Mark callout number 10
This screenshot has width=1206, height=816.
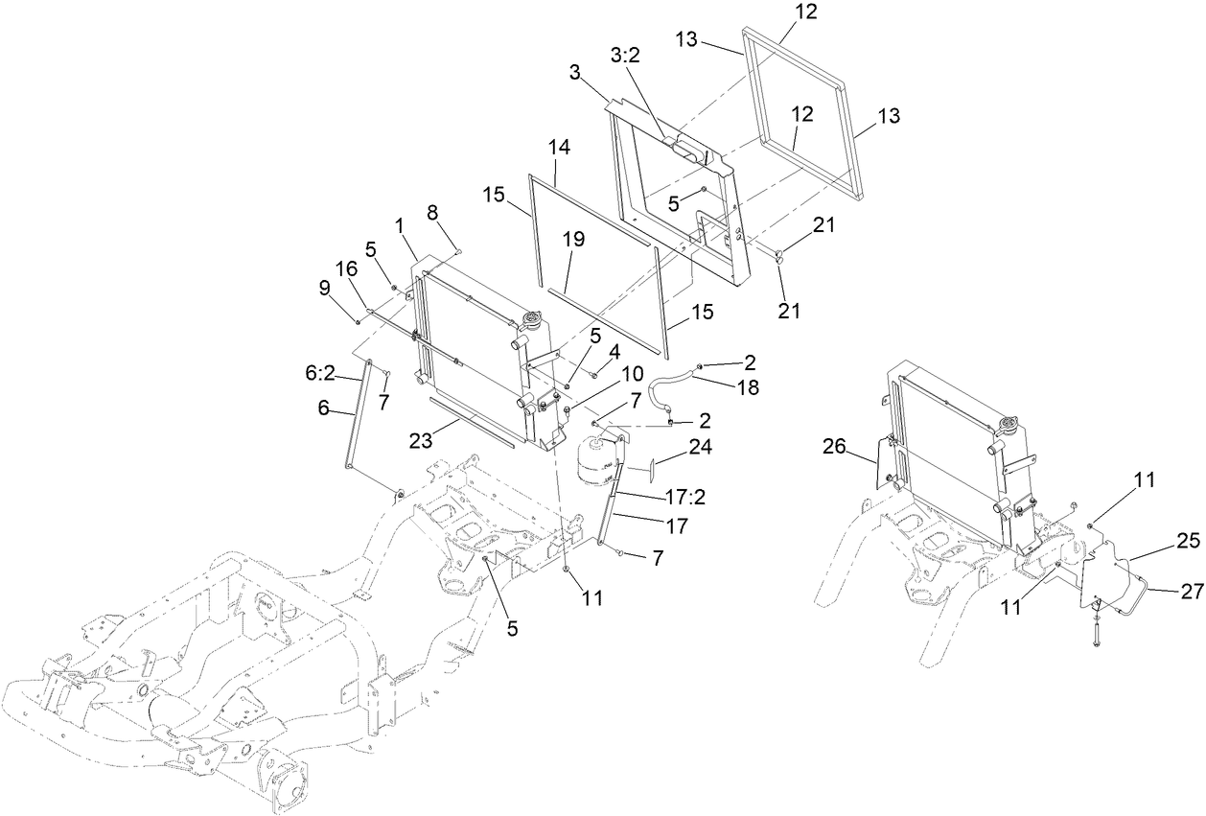pyautogui.click(x=633, y=372)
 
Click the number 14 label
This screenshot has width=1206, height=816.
pyautogui.click(x=559, y=148)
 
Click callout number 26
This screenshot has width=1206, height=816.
pyautogui.click(x=836, y=446)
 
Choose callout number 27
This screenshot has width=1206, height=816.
pyautogui.click(x=1191, y=593)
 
